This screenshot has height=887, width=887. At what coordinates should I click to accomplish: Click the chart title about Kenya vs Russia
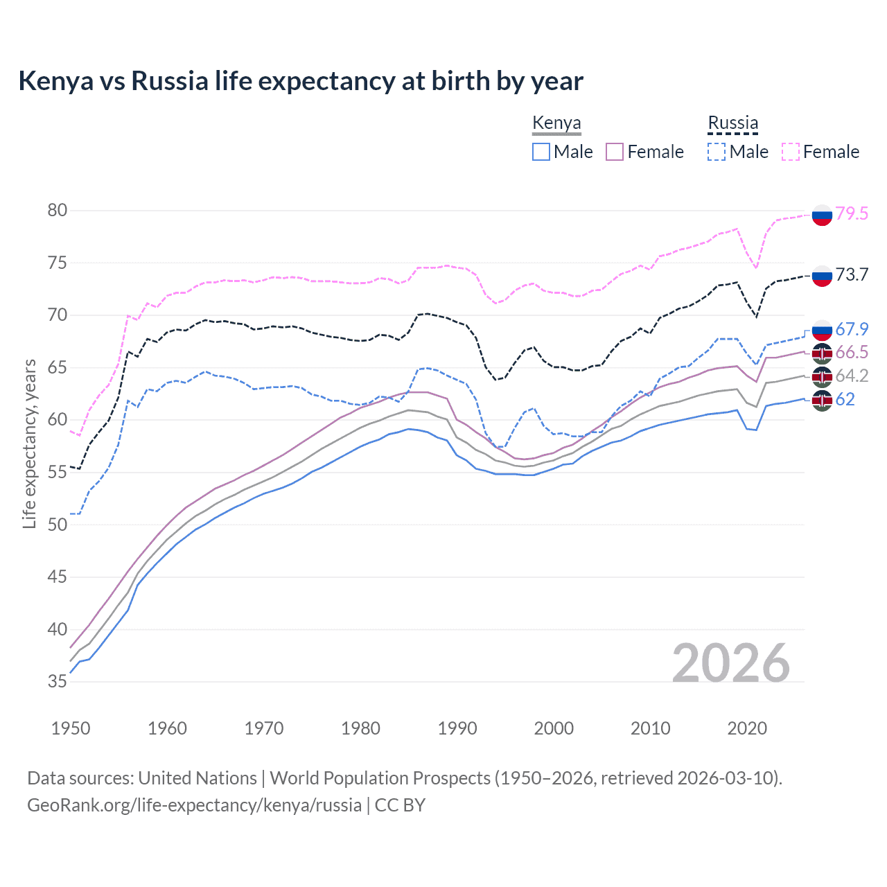(301, 81)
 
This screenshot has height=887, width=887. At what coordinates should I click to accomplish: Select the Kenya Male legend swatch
(541, 152)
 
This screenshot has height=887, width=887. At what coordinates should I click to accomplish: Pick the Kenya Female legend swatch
(615, 152)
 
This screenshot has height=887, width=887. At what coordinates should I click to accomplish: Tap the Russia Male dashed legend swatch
(717, 152)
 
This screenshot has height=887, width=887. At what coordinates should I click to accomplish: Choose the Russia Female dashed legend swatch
(790, 152)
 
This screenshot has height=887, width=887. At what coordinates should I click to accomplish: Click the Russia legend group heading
(732, 123)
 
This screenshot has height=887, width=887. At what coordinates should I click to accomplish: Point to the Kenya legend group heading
(556, 123)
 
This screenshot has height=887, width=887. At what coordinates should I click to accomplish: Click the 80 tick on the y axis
(58, 211)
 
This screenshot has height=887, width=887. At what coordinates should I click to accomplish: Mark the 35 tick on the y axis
(58, 682)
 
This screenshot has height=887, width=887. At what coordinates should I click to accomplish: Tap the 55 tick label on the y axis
(58, 473)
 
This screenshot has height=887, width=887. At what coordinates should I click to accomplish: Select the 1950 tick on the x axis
(71, 728)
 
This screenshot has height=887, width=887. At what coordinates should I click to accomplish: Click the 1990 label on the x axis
(457, 728)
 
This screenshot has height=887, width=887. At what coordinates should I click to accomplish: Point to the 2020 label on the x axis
(747, 728)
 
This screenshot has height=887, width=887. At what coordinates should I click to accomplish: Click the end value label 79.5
(852, 213)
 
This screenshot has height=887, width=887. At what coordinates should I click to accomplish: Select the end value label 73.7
(852, 275)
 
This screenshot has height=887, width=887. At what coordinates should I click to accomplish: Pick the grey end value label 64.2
(852, 376)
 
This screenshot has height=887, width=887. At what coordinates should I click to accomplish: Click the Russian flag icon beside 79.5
(822, 215)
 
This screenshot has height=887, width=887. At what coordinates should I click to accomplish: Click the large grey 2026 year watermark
(731, 663)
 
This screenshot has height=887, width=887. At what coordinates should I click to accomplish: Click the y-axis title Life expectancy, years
(29, 443)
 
